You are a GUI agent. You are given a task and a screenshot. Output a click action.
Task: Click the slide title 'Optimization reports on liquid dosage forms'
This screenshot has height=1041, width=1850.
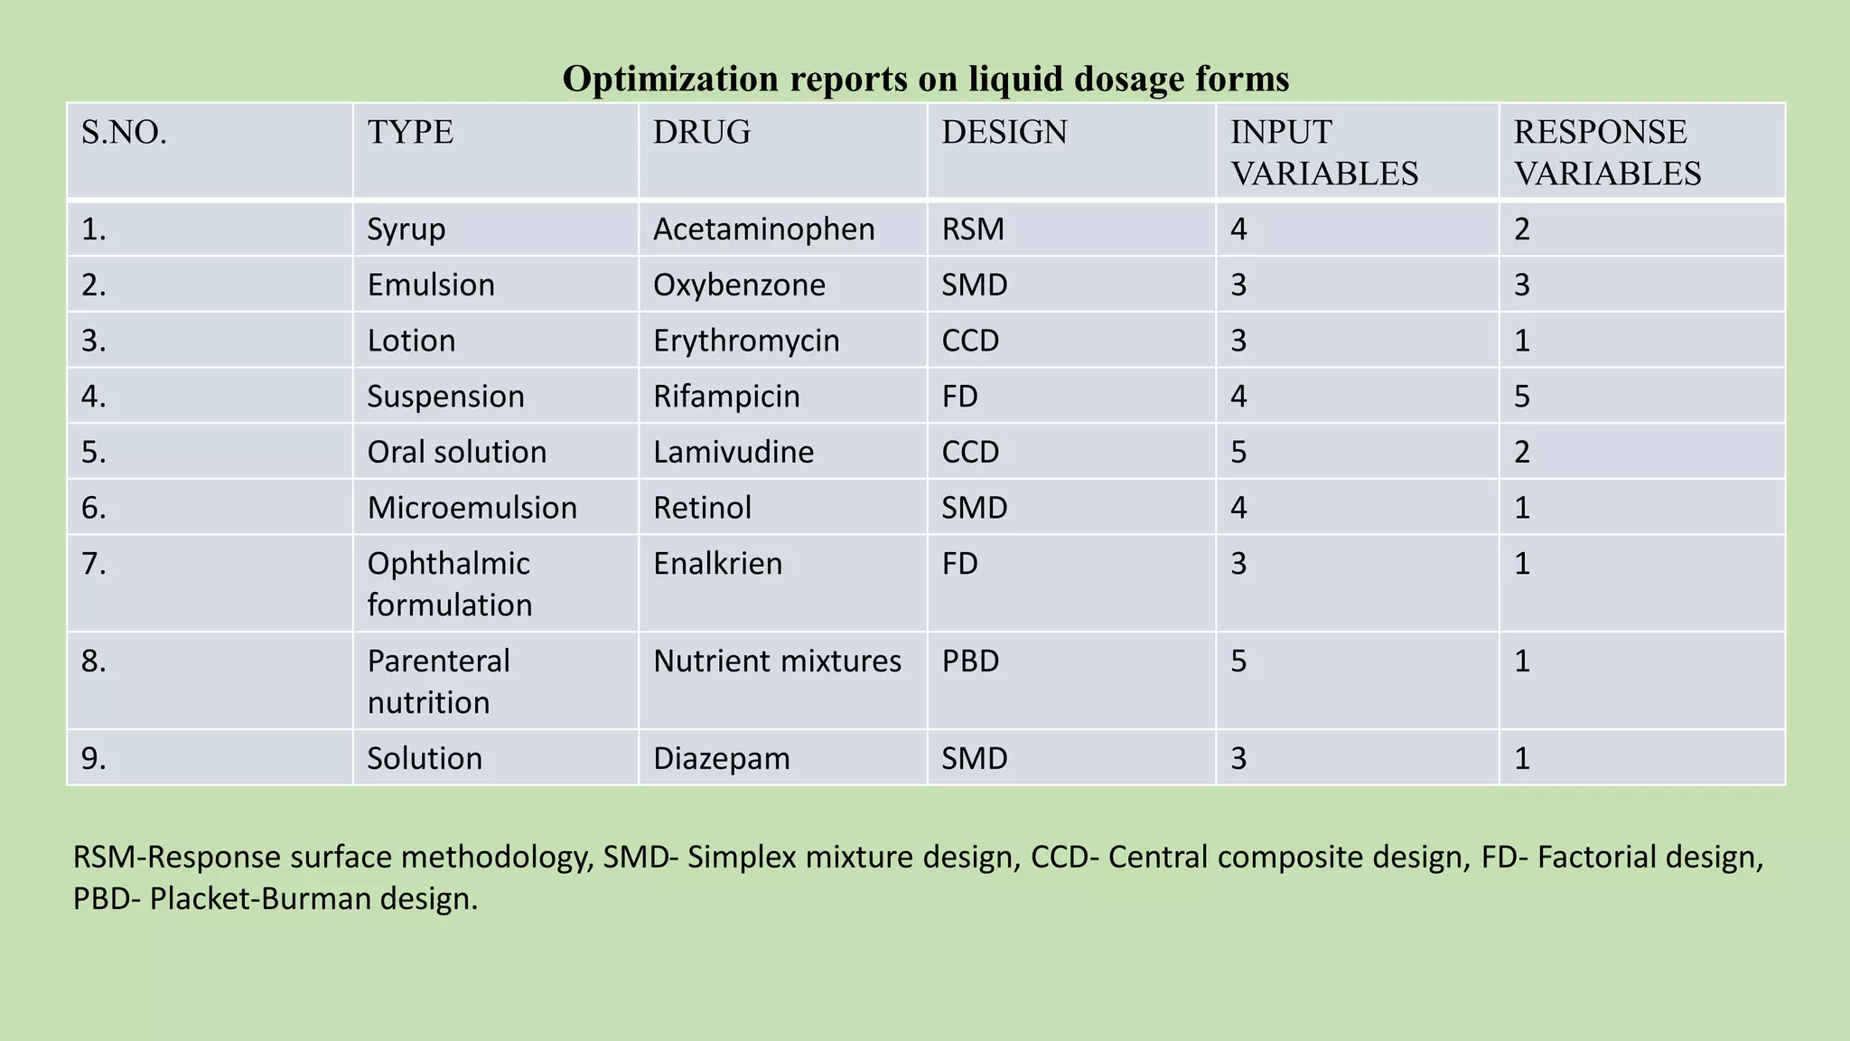[x=925, y=79]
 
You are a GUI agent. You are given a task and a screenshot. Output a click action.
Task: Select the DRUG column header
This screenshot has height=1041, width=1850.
[x=702, y=133]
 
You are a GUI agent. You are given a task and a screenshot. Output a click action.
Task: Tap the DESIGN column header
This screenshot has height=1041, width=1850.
[x=1004, y=133]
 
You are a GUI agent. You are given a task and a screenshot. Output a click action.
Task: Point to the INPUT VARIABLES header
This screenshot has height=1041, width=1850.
[x=1323, y=153]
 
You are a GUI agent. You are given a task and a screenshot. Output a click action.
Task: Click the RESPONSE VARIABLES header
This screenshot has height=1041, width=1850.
[x=1607, y=153]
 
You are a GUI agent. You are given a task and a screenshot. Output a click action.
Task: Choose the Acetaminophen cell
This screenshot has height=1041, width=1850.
[x=763, y=230]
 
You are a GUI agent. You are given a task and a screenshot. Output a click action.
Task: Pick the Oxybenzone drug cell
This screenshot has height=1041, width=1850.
[x=739, y=286]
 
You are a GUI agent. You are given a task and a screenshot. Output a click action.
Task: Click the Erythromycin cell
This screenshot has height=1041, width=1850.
[x=746, y=341]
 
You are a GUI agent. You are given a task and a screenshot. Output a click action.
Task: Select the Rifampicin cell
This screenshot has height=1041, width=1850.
[x=726, y=397]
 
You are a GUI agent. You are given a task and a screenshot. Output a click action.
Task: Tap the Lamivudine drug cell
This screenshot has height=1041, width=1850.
[x=733, y=452]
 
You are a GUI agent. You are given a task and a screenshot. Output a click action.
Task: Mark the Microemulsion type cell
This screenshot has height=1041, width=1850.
[x=472, y=508]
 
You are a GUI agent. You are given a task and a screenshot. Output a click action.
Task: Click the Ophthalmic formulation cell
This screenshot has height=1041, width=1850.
[x=449, y=584]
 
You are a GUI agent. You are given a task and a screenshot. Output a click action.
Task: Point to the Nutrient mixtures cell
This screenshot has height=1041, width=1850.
[x=777, y=661]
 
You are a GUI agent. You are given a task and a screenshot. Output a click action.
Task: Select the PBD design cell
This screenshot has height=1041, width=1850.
[x=970, y=661]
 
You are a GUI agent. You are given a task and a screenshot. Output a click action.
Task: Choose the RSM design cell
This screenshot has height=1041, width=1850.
[x=973, y=230]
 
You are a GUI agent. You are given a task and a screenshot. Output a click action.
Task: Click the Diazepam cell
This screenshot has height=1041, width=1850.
[x=721, y=758]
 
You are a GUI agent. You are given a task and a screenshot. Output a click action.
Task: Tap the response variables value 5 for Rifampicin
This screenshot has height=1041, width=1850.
[x=1522, y=397]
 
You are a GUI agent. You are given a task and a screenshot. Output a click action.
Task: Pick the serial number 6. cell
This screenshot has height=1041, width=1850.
[x=94, y=508]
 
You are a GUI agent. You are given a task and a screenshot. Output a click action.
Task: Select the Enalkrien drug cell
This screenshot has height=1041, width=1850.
[x=717, y=564]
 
